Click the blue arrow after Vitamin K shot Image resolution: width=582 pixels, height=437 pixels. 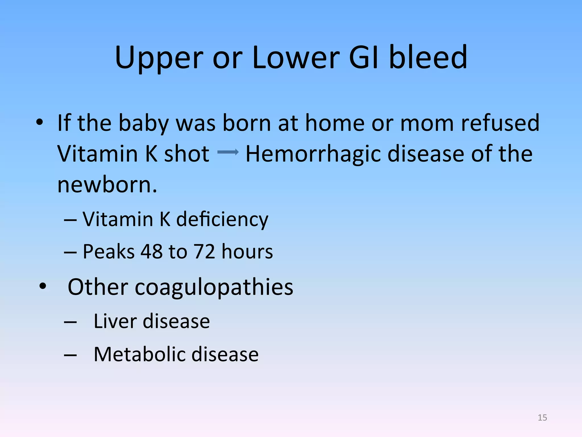click(x=228, y=152)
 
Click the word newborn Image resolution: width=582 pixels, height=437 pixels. click(x=107, y=185)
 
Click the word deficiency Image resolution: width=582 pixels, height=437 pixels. click(x=222, y=220)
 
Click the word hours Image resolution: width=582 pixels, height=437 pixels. click(x=247, y=252)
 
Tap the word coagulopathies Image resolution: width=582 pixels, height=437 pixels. click(x=214, y=287)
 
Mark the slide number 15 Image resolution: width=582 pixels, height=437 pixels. click(x=542, y=418)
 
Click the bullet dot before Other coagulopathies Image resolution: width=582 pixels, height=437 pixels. click(x=43, y=286)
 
